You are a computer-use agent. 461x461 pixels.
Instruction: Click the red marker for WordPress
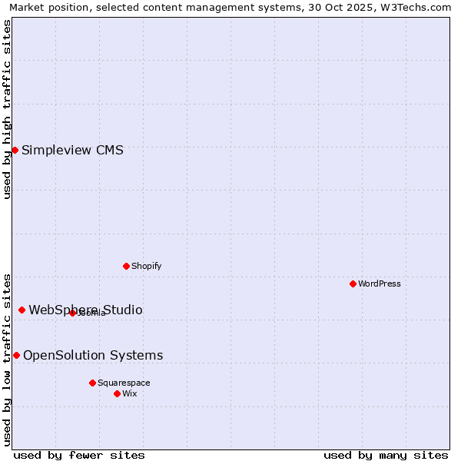(x=353, y=284)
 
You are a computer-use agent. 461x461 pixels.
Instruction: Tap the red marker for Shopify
(x=126, y=266)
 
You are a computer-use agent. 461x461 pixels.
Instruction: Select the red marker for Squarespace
(x=92, y=383)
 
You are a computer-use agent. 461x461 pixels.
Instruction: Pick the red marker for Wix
(x=117, y=393)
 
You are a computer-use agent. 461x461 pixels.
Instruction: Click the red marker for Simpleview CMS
(x=15, y=150)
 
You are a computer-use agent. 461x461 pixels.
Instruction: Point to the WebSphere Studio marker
(x=22, y=310)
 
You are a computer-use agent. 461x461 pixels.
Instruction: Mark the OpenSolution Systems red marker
(x=16, y=355)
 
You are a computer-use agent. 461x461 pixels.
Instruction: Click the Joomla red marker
(x=72, y=313)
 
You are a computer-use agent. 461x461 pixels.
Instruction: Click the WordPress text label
(x=380, y=284)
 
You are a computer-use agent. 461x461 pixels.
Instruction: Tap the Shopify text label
(x=147, y=266)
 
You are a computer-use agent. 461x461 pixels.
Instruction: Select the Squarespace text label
(x=124, y=383)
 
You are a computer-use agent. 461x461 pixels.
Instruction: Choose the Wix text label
(x=130, y=393)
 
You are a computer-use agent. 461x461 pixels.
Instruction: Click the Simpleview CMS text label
(x=72, y=150)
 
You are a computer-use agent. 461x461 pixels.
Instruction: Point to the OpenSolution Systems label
(x=93, y=355)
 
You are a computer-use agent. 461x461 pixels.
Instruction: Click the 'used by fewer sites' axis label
(x=79, y=455)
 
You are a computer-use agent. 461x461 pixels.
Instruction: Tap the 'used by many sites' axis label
(x=386, y=455)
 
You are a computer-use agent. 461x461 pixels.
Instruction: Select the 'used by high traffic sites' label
(x=7, y=109)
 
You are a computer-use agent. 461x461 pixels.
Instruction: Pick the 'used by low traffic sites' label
(x=7, y=360)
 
